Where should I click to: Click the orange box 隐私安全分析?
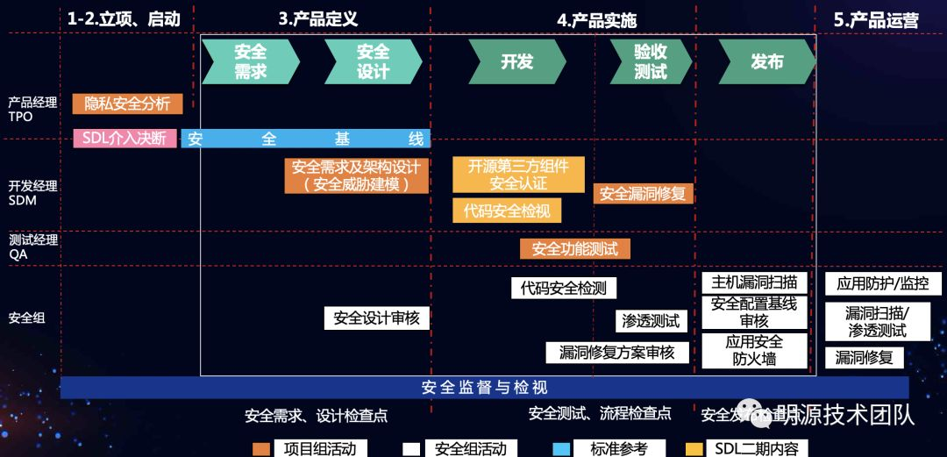(127, 104)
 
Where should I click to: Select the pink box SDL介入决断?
(125, 138)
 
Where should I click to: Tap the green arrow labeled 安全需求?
(249, 61)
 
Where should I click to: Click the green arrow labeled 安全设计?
(372, 61)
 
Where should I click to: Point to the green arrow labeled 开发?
(516, 61)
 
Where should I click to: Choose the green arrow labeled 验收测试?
(649, 61)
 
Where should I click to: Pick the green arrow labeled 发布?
(766, 61)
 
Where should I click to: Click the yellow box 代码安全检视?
(507, 211)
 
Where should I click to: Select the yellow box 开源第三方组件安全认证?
(518, 175)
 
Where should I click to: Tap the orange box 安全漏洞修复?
(643, 194)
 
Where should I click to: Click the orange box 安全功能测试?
(574, 249)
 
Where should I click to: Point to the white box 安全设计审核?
(377, 318)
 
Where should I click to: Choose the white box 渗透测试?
(651, 321)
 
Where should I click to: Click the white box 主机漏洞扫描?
(754, 282)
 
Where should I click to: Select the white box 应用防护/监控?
(883, 283)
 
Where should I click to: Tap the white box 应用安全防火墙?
(754, 350)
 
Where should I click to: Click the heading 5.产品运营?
(876, 20)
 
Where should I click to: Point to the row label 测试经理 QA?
(32, 246)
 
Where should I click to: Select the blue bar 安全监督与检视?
(484, 387)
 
